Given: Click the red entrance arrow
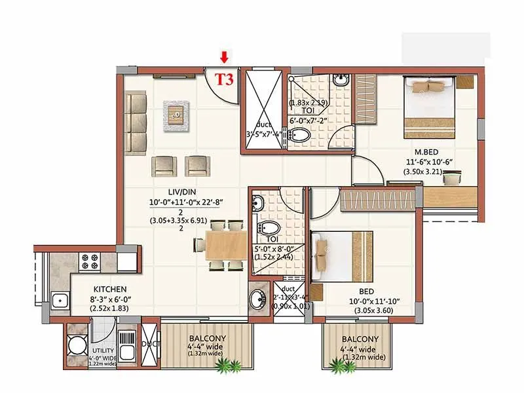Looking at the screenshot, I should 225,58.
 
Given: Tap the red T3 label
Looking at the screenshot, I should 225,80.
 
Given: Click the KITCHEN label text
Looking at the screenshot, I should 110,289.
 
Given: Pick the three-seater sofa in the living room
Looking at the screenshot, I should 136,114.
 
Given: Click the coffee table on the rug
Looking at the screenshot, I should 175,113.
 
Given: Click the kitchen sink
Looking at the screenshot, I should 61,301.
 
